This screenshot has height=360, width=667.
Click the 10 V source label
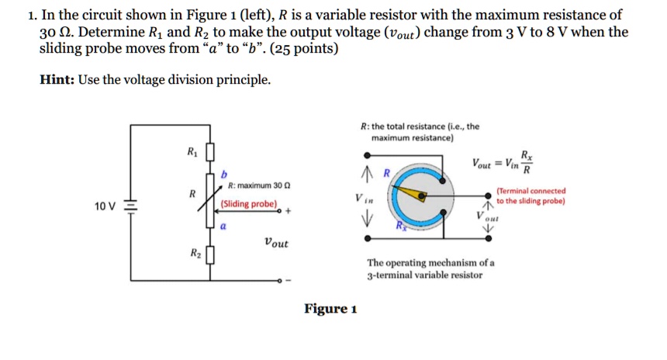(104, 206)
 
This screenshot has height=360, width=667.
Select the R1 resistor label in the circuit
(192, 152)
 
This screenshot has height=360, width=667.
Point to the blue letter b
(225, 173)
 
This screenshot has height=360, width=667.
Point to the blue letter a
(222, 227)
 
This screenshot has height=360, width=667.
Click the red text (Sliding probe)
(249, 204)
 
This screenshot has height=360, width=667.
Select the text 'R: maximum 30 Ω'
(259, 186)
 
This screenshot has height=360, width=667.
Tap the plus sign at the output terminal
(287, 210)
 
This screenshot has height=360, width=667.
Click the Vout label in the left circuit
(275, 243)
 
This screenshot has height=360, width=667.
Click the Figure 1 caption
(330, 310)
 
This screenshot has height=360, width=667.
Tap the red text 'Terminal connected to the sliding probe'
(530, 196)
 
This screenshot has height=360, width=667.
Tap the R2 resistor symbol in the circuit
(209, 254)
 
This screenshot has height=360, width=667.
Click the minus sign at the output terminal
(288, 280)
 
